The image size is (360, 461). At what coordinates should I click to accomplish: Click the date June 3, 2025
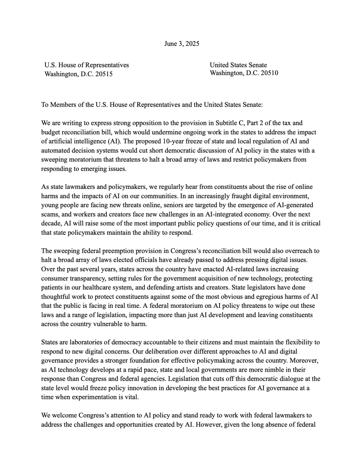pyautogui.click(x=182, y=44)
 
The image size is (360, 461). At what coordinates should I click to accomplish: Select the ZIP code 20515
pyautogui.click(x=104, y=74)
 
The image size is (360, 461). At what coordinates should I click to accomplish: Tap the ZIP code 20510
pyautogui.click(x=269, y=73)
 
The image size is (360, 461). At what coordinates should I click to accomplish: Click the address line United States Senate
pyautogui.click(x=238, y=65)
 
